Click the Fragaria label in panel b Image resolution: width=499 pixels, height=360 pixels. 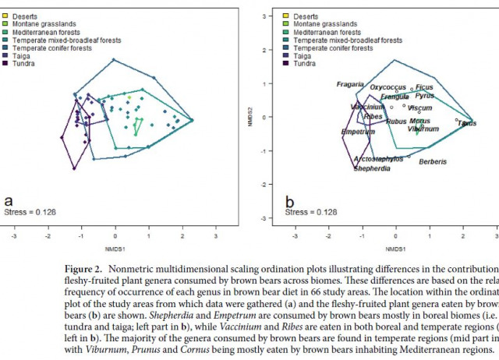click(350, 84)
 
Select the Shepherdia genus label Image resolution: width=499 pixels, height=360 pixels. click(372, 168)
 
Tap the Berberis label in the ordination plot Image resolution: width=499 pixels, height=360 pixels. click(433, 162)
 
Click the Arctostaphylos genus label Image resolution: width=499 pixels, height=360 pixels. click(380, 158)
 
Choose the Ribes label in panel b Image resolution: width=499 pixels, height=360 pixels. click(373, 117)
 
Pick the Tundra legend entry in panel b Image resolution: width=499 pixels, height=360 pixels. click(316, 63)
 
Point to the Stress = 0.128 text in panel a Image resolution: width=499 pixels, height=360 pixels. click(30, 211)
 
